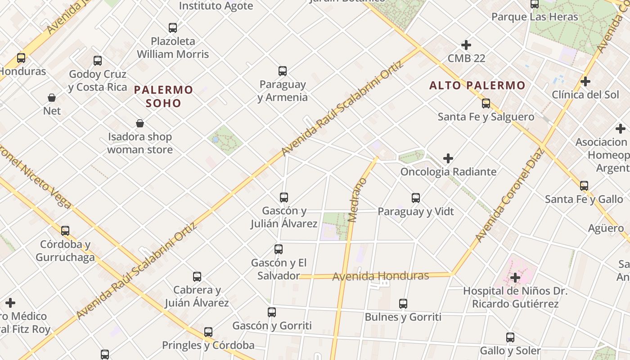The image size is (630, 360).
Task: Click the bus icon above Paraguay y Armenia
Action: (x=283, y=71)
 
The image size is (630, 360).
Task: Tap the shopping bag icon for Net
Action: (x=52, y=98)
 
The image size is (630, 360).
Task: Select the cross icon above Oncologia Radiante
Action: (x=448, y=158)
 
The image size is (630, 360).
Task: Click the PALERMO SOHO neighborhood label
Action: (x=164, y=96)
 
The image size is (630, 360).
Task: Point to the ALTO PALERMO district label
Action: (x=477, y=85)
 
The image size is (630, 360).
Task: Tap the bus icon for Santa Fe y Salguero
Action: (x=486, y=103)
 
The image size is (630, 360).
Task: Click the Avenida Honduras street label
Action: (x=381, y=276)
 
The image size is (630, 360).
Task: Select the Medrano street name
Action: (x=358, y=200)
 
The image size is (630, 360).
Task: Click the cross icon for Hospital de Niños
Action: (x=516, y=278)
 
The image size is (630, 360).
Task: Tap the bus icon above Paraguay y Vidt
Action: (x=416, y=198)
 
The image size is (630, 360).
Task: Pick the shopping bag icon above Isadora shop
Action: (x=140, y=123)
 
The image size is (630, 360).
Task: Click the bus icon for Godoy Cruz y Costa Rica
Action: (x=98, y=61)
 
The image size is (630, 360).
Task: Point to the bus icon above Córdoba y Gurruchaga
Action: (x=65, y=231)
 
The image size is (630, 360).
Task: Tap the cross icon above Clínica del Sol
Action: (x=585, y=81)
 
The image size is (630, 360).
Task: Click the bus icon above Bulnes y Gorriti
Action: (x=403, y=304)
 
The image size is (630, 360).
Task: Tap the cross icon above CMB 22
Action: (x=466, y=45)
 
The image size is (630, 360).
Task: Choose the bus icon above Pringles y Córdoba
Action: (x=208, y=332)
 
